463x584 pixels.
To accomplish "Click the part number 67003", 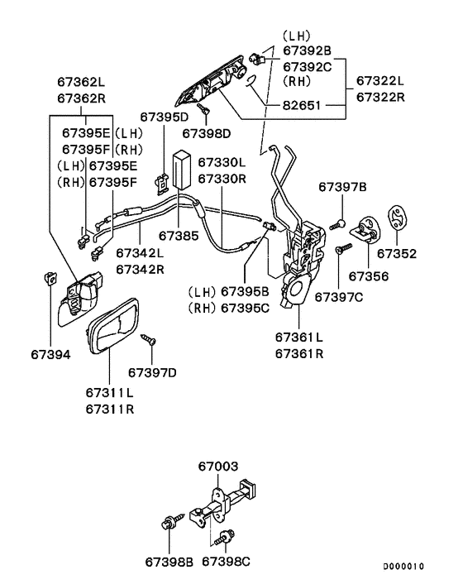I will [218, 467].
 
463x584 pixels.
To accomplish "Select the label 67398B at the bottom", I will [169, 562].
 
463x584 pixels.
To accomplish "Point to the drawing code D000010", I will [403, 567].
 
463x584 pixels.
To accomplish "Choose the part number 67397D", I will [153, 372].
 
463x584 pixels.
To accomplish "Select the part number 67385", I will [179, 236].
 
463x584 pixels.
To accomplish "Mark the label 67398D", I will [207, 132].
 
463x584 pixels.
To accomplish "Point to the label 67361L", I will [300, 337].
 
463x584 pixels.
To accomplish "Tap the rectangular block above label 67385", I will [182, 169].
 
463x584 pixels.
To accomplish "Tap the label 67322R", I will [380, 97].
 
